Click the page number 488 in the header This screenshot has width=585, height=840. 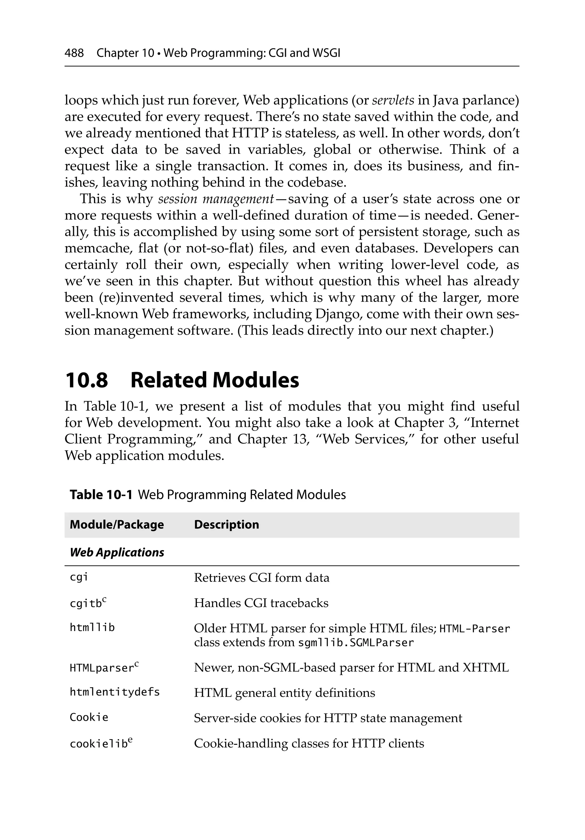pos(74,53)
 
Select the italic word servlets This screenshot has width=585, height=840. pos(393,100)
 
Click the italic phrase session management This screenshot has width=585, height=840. pos(216,199)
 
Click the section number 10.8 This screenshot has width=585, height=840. pos(86,380)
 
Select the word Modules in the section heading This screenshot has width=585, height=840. pos(256,380)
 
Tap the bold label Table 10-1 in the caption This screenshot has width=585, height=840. pos(101,495)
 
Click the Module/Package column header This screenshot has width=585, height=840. pos(117,525)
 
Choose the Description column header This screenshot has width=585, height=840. pos(226,525)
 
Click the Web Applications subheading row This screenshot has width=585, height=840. pos(117,552)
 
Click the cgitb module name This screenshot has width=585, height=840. pos(86,603)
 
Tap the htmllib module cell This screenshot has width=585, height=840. pos(92,628)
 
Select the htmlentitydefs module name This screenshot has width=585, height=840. pos(115,692)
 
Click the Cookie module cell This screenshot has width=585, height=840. pos(89,717)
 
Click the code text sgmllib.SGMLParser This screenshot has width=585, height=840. pos(356,643)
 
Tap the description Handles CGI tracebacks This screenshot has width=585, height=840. pos(261,603)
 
